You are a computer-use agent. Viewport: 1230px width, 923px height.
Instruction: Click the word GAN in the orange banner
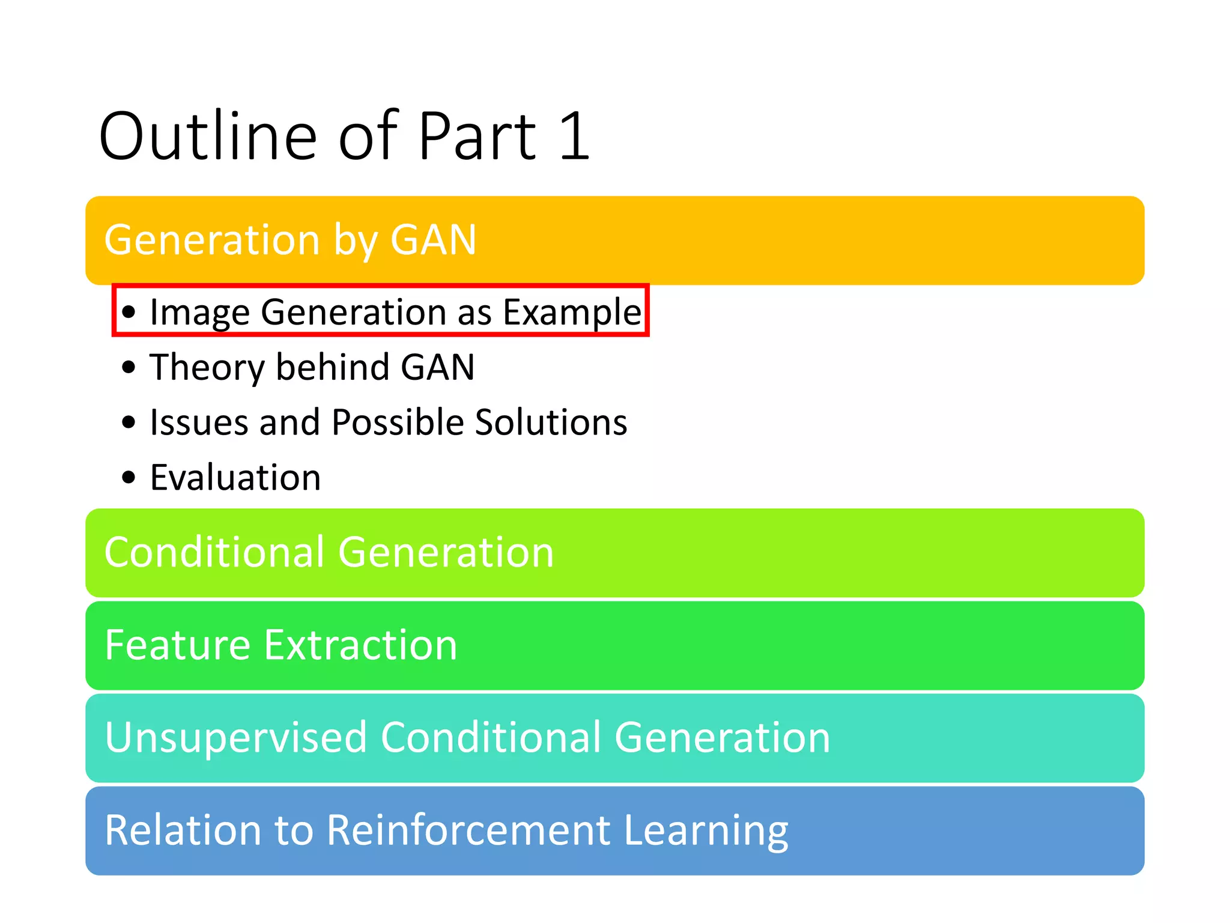[434, 240]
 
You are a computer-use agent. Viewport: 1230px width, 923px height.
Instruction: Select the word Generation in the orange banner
[212, 240]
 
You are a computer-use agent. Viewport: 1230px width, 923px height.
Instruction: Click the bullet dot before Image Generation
[129, 312]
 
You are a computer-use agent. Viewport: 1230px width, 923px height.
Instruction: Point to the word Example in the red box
[572, 312]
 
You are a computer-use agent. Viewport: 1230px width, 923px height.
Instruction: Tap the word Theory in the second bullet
[207, 368]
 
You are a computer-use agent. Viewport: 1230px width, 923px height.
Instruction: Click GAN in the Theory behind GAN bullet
[438, 367]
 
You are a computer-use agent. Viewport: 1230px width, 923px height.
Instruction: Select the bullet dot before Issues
[129, 422]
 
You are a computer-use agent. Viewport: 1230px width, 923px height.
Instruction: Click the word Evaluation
[235, 478]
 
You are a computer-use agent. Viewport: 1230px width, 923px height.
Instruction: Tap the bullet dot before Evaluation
[129, 478]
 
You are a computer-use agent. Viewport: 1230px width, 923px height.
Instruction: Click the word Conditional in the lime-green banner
[214, 552]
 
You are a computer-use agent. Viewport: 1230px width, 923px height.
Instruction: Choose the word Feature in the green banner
[177, 645]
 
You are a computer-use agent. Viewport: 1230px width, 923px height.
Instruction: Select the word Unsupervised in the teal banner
[235, 737]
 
